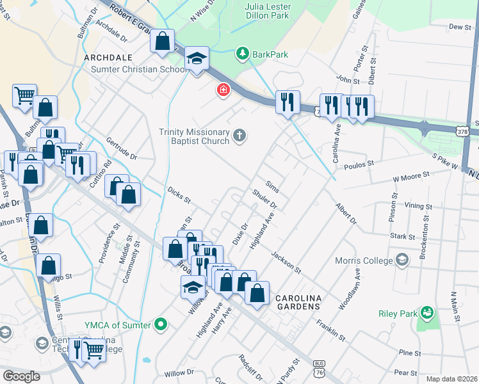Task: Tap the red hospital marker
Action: click(x=223, y=90)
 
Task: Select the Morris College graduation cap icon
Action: click(x=402, y=259)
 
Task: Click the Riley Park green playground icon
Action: click(x=426, y=313)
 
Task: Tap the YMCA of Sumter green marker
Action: click(x=161, y=324)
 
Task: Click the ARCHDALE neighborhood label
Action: click(x=108, y=58)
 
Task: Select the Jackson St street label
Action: click(x=285, y=262)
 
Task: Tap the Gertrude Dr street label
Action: click(x=122, y=148)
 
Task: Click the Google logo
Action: click(x=21, y=376)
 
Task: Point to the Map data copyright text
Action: click(x=451, y=379)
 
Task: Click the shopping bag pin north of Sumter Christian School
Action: click(x=163, y=41)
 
